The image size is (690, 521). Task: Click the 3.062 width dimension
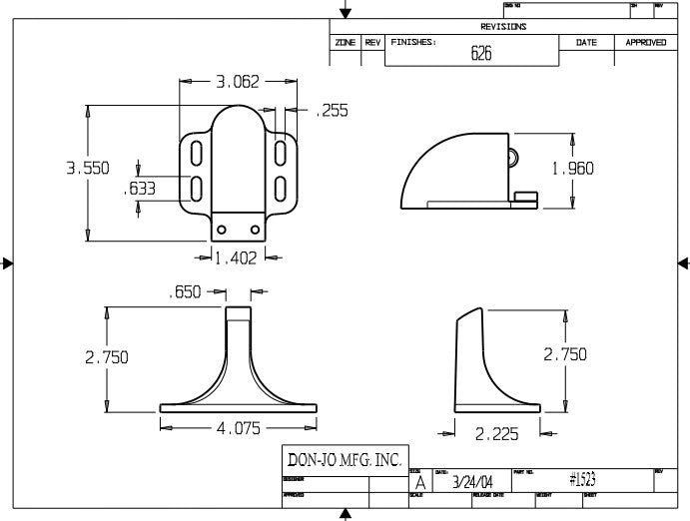(238, 82)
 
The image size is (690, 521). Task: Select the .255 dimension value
(332, 112)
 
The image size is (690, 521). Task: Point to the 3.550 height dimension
(88, 169)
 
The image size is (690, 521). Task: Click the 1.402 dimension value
(237, 259)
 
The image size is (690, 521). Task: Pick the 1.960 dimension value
(572, 169)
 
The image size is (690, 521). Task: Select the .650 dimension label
(186, 292)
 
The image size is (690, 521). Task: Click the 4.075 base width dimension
(239, 429)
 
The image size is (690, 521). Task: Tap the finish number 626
(481, 55)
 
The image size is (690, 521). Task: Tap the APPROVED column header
(645, 43)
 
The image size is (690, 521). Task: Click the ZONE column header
(345, 43)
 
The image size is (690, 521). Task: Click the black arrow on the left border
(7, 263)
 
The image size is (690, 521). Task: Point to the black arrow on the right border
(683, 263)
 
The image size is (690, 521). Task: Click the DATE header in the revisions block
(586, 43)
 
